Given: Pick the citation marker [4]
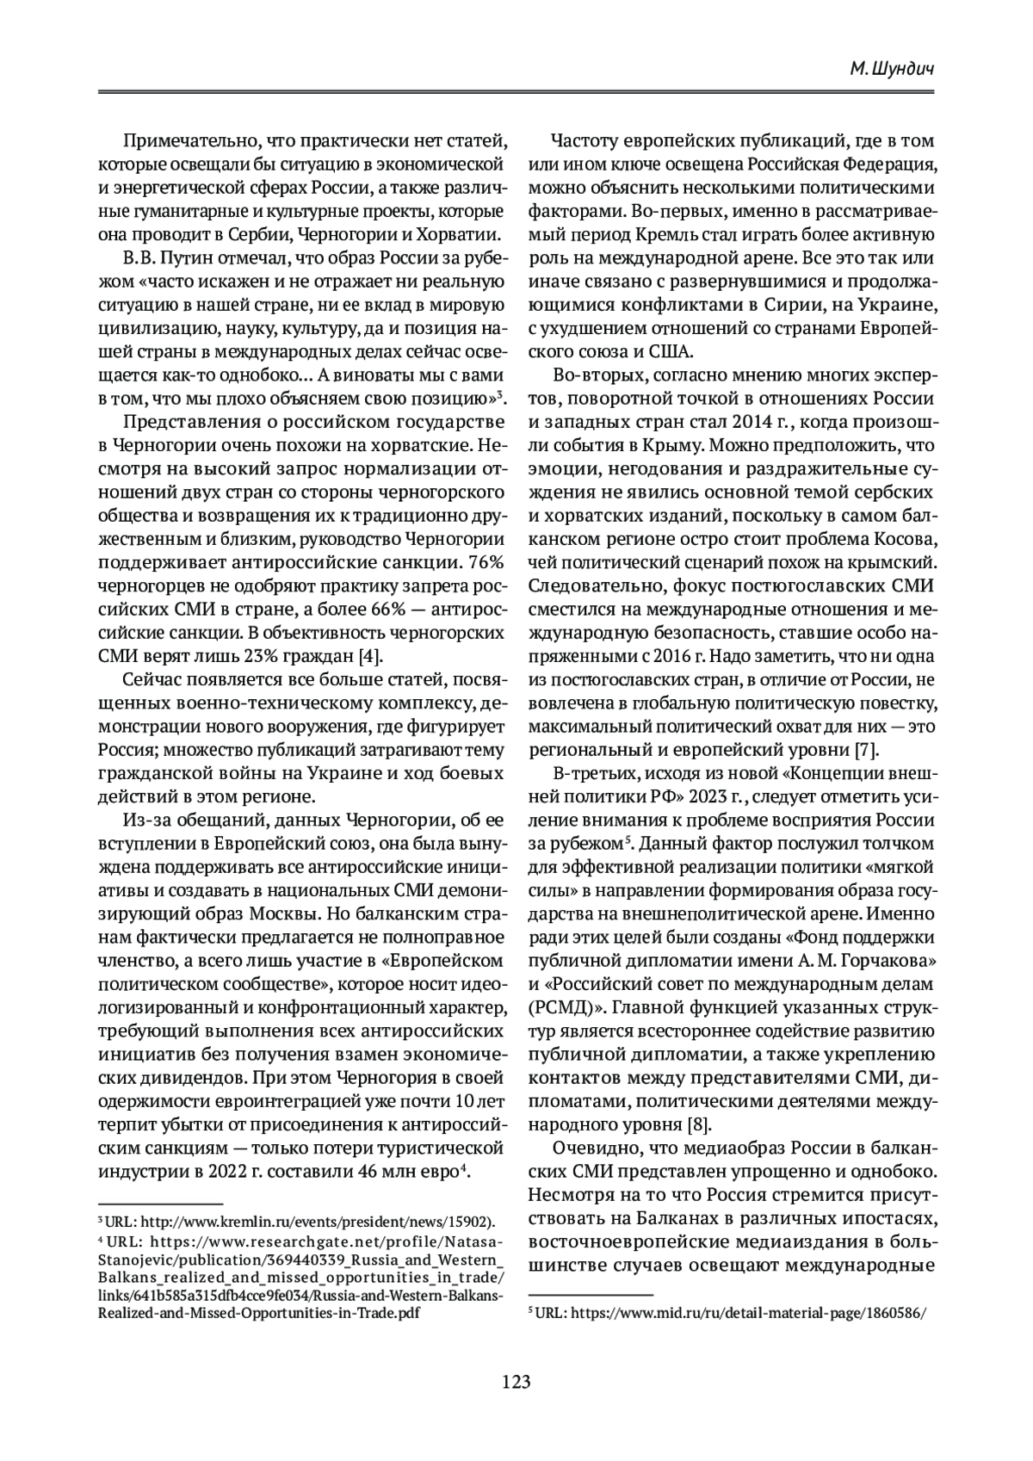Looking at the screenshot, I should pyautogui.click(x=368, y=653).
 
